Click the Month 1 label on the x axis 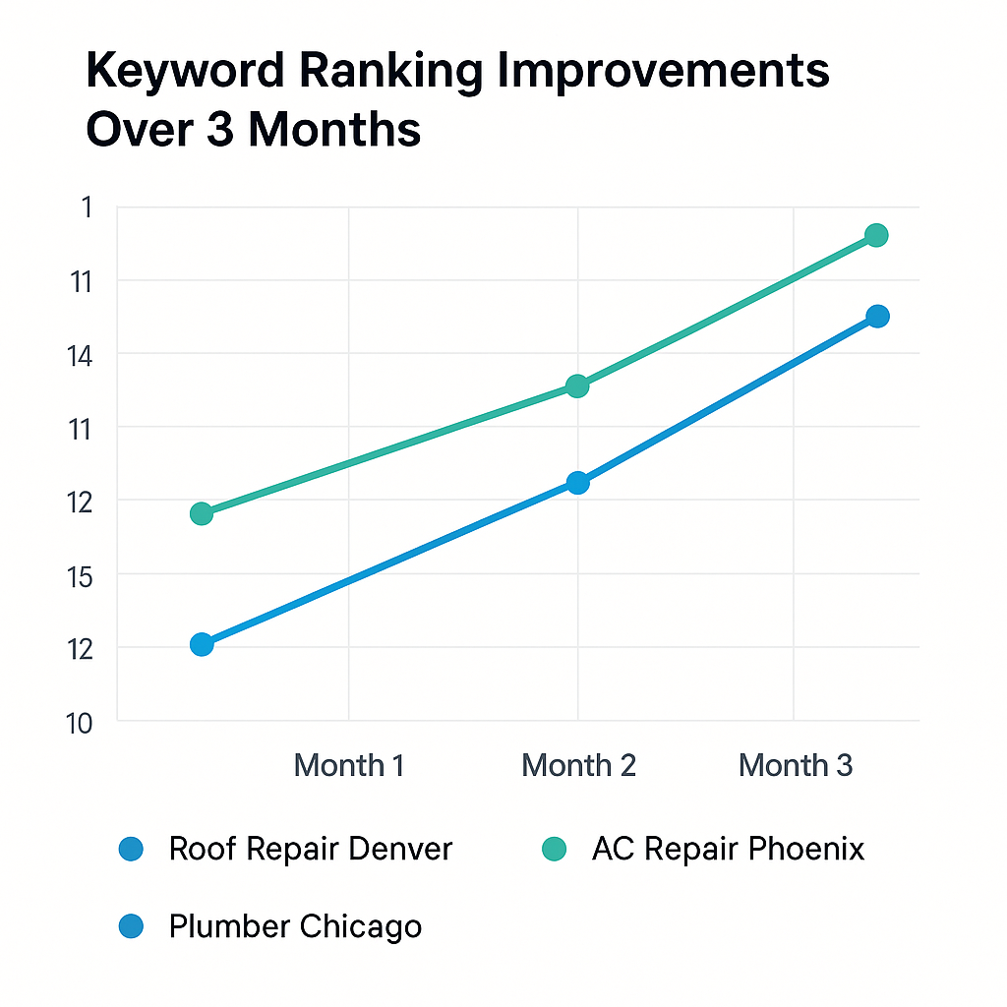click(349, 765)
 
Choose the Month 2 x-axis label click(578, 765)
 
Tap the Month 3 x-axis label click(796, 765)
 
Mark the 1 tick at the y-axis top click(87, 207)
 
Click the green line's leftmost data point click(202, 513)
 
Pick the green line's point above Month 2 click(578, 385)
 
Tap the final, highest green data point click(877, 235)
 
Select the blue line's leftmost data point click(202, 644)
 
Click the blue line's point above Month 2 click(578, 482)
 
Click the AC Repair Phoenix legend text click(728, 849)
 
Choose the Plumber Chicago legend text click(295, 925)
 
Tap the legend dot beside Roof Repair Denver click(131, 849)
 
